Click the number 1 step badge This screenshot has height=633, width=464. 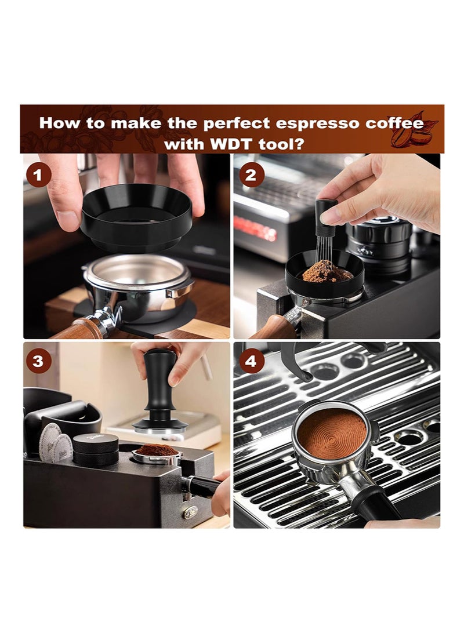pos(38,176)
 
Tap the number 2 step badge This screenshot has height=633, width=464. pos(251,175)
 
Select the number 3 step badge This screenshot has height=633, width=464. pos(38,361)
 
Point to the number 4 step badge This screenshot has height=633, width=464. pos(251,361)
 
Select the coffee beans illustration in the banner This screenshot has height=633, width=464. pos(413,132)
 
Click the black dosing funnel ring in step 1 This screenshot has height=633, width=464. pos(136,218)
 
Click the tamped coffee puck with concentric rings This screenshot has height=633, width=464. pos(332,433)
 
